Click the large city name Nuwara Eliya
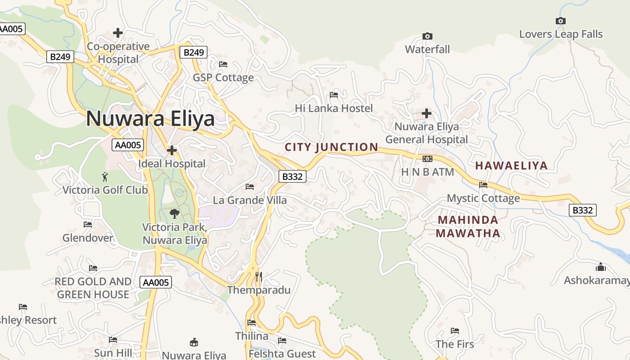pyautogui.click(x=150, y=119)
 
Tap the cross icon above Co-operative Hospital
pyautogui.click(x=118, y=33)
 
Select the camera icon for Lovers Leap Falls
pyautogui.click(x=560, y=21)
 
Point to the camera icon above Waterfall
pyautogui.click(x=427, y=36)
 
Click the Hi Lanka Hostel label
pyautogui.click(x=334, y=108)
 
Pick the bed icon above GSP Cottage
pyautogui.click(x=223, y=64)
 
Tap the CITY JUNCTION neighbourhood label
pyautogui.click(x=332, y=147)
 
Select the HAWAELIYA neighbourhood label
pyautogui.click(x=511, y=166)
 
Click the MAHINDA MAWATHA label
pyautogui.click(x=468, y=226)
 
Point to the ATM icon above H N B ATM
pyautogui.click(x=427, y=159)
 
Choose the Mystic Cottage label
pyautogui.click(x=483, y=198)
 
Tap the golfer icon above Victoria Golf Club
pyautogui.click(x=105, y=176)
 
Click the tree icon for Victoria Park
pyautogui.click(x=175, y=214)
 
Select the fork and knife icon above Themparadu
pyautogui.click(x=258, y=276)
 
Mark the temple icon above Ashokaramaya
pyautogui.click(x=600, y=267)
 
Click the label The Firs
pyautogui.click(x=454, y=344)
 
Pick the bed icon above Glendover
pyautogui.click(x=88, y=224)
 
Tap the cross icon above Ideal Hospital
pyautogui.click(x=172, y=150)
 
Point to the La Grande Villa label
pyautogui.click(x=250, y=200)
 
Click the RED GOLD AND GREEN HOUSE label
pyautogui.click(x=93, y=288)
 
